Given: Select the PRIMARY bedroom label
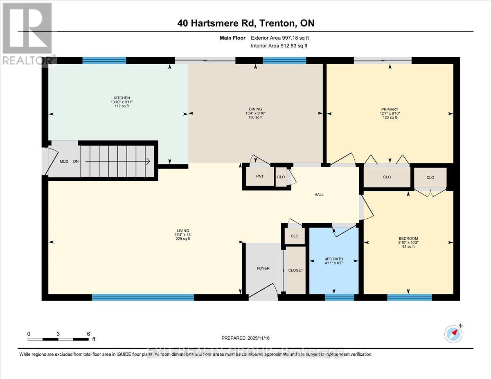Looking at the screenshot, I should [390, 109].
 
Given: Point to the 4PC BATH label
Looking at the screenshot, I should [333, 258].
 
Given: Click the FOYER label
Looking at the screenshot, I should [263, 269].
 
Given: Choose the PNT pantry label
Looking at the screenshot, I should [259, 177].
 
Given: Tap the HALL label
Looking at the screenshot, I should [319, 195].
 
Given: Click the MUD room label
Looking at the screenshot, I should [64, 161].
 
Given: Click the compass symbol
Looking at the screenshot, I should [453, 334].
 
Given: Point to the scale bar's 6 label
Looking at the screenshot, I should [88, 334].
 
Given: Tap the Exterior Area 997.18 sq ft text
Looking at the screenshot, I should [282, 38].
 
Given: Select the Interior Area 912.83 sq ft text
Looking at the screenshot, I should [279, 46].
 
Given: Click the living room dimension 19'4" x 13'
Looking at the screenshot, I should [183, 235].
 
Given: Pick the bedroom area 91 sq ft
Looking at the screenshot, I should [408, 247].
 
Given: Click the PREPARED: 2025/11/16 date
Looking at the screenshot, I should [246, 339].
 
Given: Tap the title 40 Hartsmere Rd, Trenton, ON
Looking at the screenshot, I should [246, 23].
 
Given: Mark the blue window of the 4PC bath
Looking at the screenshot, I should [339, 298].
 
